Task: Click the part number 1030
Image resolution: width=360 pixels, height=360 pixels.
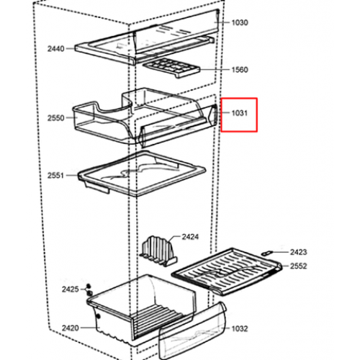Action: click(240, 22)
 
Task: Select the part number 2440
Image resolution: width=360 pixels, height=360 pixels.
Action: click(56, 49)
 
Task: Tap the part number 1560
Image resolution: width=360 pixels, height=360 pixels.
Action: click(240, 70)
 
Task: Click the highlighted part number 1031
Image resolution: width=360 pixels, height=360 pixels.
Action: click(240, 113)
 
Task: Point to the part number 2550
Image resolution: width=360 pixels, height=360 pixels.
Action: click(56, 118)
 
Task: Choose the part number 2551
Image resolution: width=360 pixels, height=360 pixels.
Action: click(55, 176)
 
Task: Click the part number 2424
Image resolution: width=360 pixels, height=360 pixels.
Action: click(190, 237)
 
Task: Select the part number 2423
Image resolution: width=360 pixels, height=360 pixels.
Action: click(299, 252)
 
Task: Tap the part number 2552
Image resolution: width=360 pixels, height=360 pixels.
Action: click(299, 266)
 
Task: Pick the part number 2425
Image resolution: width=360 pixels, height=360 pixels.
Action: click(71, 289)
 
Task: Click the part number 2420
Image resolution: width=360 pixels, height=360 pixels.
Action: click(71, 328)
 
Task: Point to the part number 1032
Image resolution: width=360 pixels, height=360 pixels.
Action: click(240, 328)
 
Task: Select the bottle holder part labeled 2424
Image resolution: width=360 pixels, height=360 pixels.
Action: click(158, 251)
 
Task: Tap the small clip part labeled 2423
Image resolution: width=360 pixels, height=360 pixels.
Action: click(267, 253)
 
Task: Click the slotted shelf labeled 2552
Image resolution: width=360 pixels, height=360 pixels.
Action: click(227, 271)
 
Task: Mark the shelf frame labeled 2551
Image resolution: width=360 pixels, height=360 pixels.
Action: click(142, 174)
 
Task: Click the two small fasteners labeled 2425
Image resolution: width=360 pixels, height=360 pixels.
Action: click(89, 289)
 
